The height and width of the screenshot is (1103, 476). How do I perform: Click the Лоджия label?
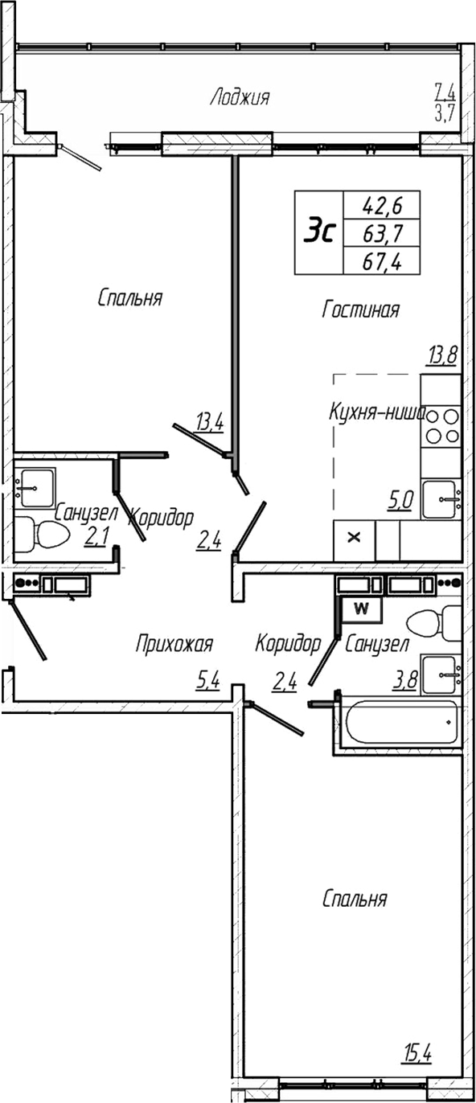pyautogui.click(x=240, y=98)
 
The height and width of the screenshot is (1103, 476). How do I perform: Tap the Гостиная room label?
pyautogui.click(x=360, y=310)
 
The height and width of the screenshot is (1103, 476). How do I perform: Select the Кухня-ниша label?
pyautogui.click(x=376, y=412)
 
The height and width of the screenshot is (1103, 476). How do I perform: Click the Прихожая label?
pyautogui.click(x=174, y=643)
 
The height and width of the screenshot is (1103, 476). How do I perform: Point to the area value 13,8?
pyautogui.click(x=441, y=355)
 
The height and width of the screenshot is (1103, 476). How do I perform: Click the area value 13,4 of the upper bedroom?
pyautogui.click(x=209, y=420)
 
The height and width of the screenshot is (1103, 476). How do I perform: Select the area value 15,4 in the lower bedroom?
pyautogui.click(x=416, y=1052)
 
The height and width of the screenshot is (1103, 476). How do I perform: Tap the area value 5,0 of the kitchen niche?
pyautogui.click(x=400, y=501)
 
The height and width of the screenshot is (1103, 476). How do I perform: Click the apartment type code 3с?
pyautogui.click(x=318, y=232)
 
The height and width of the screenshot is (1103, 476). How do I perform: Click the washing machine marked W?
pyautogui.click(x=361, y=609)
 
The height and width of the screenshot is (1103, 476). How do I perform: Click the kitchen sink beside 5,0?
pyautogui.click(x=441, y=499)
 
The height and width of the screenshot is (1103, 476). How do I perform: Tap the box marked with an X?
pyautogui.click(x=353, y=539)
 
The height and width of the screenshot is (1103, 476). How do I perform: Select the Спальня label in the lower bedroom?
pyautogui.click(x=355, y=899)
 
